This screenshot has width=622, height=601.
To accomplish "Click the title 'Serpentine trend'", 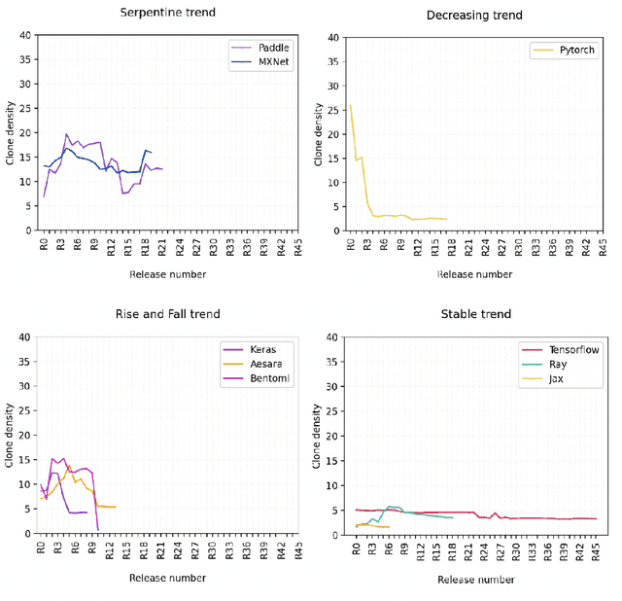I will (x=167, y=13).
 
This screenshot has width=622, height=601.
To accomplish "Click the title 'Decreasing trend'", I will (x=474, y=16).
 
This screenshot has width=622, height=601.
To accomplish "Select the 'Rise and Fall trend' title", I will (x=168, y=313).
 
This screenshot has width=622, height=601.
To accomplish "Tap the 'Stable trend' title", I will (x=475, y=314).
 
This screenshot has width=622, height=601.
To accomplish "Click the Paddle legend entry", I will (x=271, y=48).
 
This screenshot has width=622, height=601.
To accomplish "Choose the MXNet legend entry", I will (x=272, y=61).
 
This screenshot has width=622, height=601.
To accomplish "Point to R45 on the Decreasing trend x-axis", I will (x=602, y=244).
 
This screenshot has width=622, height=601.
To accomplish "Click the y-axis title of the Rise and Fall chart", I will (x=11, y=436).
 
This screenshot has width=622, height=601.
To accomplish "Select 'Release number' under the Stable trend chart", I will (x=475, y=580).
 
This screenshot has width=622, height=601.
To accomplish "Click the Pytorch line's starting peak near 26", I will (x=350, y=105).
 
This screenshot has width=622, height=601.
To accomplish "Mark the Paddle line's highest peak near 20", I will (x=66, y=134).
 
